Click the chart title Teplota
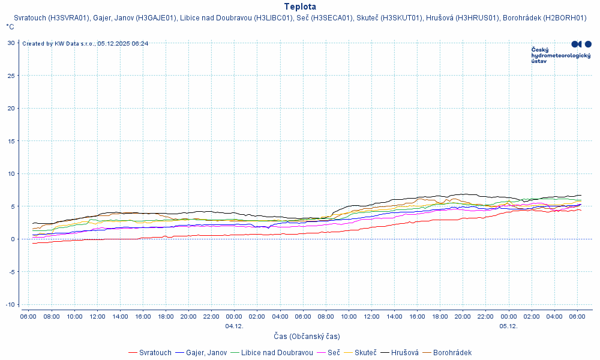click(x=300, y=7)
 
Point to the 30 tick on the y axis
click(x=11, y=43)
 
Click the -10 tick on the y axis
click(x=10, y=304)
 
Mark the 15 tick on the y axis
click(x=11, y=141)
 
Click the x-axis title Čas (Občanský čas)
click(x=307, y=337)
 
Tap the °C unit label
click(x=10, y=27)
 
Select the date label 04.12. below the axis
click(x=234, y=326)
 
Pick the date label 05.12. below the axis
click(x=508, y=326)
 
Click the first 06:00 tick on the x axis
click(x=28, y=316)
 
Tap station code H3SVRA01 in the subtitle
click(x=68, y=18)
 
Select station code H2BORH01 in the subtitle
click(x=564, y=18)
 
